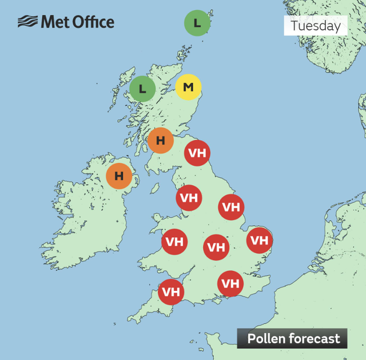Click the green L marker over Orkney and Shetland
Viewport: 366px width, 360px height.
197,23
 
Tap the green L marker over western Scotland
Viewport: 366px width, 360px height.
142,89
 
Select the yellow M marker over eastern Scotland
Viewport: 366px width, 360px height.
188,87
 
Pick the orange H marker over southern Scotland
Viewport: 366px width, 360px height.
161,140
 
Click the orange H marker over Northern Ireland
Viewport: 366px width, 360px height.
119,176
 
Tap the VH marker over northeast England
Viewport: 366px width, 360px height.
197,153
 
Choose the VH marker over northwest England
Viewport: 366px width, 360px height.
189,198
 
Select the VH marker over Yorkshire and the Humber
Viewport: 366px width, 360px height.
231,207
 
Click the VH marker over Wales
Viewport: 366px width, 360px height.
175,242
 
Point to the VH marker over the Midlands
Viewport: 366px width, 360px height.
216,247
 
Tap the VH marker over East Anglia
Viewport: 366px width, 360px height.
259,240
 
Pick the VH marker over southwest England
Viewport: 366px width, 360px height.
171,292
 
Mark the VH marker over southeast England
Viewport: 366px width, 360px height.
230,283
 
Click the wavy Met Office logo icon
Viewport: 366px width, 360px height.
27,22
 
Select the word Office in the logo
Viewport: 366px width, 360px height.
93,22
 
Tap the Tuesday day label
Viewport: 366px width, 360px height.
315,26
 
